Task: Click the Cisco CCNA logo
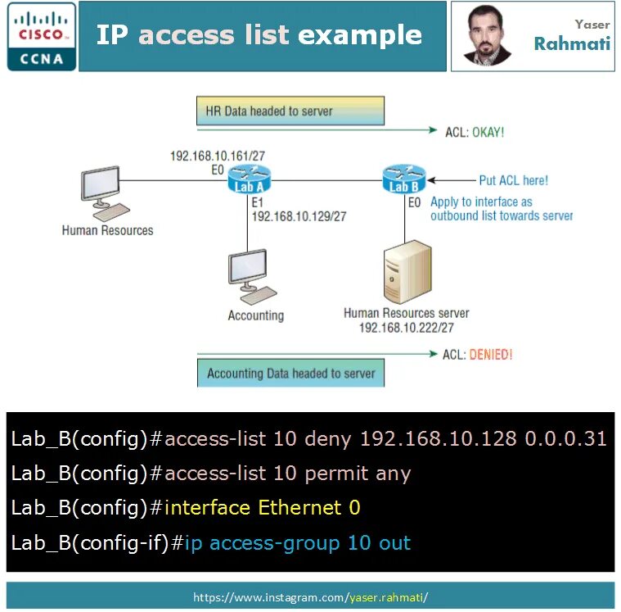coord(42,36)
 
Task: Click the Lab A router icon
coord(248,179)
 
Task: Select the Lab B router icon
coord(404,179)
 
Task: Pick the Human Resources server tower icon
coord(407,271)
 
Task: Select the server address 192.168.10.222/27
coord(407,327)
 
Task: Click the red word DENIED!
coord(490,355)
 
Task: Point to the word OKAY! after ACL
coord(488,131)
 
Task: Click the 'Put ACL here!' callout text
coord(513,180)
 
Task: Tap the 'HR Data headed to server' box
coord(290,111)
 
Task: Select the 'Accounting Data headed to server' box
coord(290,374)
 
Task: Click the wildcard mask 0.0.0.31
coord(565,438)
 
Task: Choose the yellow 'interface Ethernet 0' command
coord(262,508)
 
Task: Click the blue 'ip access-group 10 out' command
coord(297,543)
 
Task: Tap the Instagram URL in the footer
coord(310,597)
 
